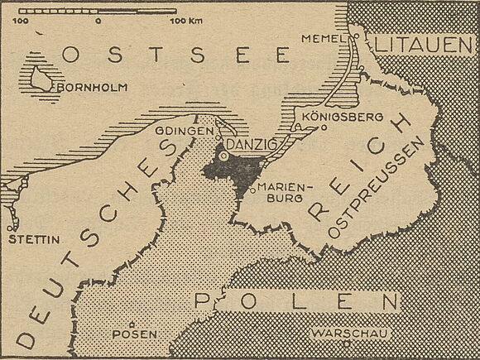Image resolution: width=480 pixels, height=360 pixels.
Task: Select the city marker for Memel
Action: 354,36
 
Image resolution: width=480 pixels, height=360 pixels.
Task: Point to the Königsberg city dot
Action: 324,128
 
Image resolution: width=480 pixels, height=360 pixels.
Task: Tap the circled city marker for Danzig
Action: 224,154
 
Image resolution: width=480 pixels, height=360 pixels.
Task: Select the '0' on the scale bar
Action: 98,18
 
